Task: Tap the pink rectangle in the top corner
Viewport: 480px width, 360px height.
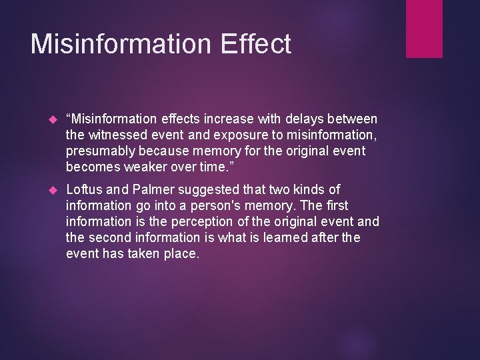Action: [425, 28]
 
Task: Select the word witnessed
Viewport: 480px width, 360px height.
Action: [117, 135]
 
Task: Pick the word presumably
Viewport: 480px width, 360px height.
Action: [102, 151]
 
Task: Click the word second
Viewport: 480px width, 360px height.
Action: [110, 237]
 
